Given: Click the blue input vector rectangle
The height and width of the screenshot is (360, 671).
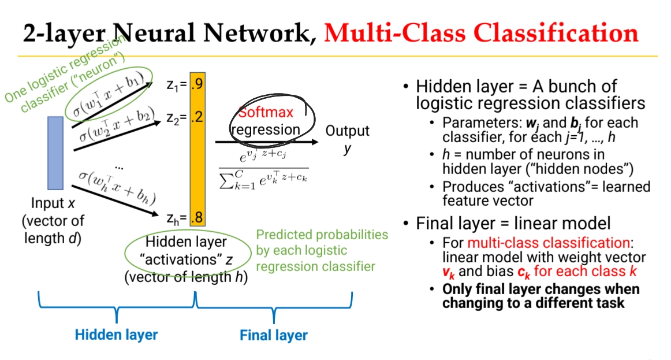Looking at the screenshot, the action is (x=55, y=153).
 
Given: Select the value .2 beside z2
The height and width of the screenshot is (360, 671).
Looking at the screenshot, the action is (x=196, y=118).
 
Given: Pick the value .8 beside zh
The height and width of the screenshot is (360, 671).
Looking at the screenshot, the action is (x=196, y=218).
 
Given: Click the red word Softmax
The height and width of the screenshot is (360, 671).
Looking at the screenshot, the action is (x=266, y=112).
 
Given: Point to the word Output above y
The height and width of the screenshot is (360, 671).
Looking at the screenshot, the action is (x=347, y=131).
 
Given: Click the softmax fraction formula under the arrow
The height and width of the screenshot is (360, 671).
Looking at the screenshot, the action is (x=263, y=167).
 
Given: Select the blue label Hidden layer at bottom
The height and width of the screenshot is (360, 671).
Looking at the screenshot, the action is (x=117, y=334).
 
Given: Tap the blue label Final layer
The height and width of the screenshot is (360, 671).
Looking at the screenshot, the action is (x=274, y=335).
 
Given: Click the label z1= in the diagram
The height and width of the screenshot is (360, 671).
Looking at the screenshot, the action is (x=176, y=85).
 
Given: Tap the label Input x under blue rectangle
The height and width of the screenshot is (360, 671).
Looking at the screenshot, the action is (x=54, y=203).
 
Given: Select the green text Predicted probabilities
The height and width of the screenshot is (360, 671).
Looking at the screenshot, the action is (x=322, y=235).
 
